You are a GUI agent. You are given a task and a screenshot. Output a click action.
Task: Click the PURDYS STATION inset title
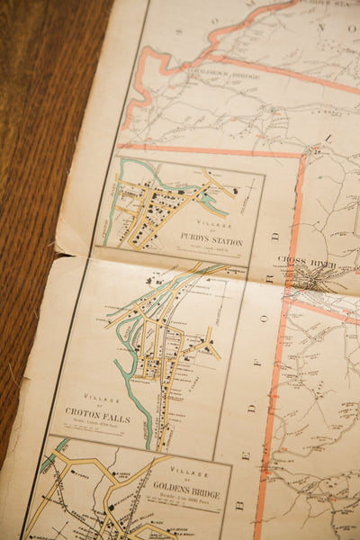point(211,241)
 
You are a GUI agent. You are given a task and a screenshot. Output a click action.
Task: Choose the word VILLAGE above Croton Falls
point(102,396)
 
